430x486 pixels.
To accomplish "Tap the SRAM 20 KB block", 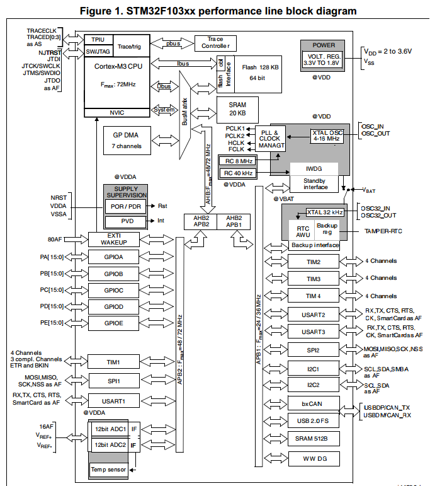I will point(237,108).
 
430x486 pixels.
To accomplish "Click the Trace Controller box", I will point(215,43).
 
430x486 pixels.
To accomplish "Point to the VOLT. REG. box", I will point(324,61).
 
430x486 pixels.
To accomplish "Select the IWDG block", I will point(314,169).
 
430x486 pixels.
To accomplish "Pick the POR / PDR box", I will point(126,207).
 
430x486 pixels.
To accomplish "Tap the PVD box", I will point(126,221).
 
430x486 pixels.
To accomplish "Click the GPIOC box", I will point(113,291).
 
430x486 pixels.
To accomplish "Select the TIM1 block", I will point(113,362).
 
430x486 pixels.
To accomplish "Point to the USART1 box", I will point(113,400).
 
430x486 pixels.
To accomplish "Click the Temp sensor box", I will point(108,470).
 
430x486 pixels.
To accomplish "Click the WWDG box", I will point(313,458).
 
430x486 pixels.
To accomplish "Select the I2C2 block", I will point(313,384).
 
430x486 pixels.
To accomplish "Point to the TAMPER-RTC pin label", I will point(384,231).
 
